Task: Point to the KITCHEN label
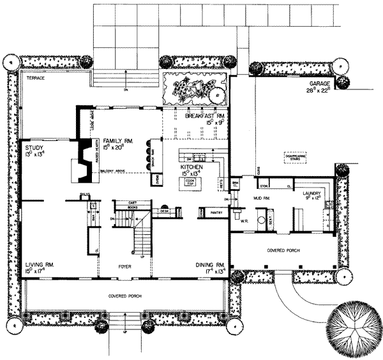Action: pos(191,165)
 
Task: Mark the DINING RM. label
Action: pos(211,264)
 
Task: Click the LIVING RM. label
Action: pos(38,264)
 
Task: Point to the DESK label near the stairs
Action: pos(164,210)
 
